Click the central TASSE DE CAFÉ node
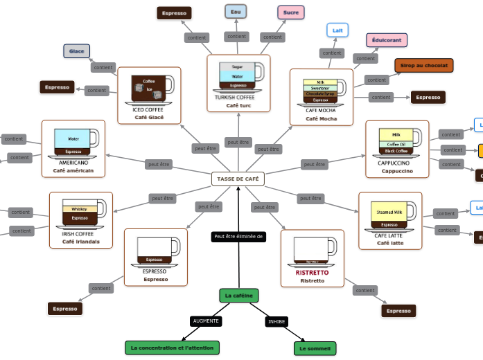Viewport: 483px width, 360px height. (238, 179)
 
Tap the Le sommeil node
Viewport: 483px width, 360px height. (315, 348)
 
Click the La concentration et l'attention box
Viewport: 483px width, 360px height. (173, 348)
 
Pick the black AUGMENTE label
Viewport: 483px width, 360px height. (206, 321)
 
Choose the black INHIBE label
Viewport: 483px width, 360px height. (276, 322)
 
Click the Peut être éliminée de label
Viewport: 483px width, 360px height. (239, 237)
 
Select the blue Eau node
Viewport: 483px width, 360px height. (236, 12)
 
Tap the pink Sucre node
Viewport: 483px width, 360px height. (291, 12)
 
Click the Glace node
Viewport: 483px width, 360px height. (77, 51)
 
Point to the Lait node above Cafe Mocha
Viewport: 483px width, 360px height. (337, 30)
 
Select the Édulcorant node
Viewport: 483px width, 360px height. (387, 40)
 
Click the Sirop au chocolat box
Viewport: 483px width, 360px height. (424, 65)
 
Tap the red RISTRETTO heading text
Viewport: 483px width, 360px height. (312, 273)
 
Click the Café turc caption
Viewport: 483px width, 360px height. (238, 105)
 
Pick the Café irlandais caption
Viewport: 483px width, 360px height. (80, 242)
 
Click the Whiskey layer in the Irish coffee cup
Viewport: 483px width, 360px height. (80, 209)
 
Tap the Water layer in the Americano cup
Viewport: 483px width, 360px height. (73, 138)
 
